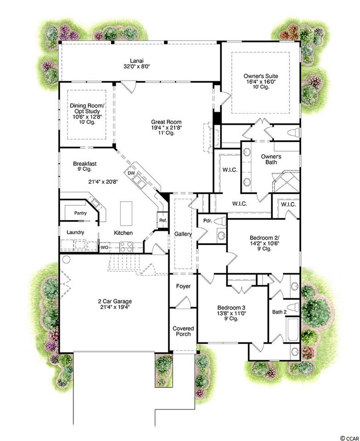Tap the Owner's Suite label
[261, 76]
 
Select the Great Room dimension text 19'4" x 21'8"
[166, 127]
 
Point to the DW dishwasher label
[131, 173]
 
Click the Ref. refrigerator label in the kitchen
[163, 220]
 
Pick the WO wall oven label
[104, 248]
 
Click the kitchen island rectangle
[126, 213]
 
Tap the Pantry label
[80, 213]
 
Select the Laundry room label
[75, 232]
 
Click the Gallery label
[183, 234]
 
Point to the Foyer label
[183, 286]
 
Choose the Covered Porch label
[183, 331]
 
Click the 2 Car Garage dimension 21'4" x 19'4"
[115, 307]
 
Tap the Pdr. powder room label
[207, 221]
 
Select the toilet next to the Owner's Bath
[294, 132]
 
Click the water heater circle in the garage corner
[66, 259]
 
